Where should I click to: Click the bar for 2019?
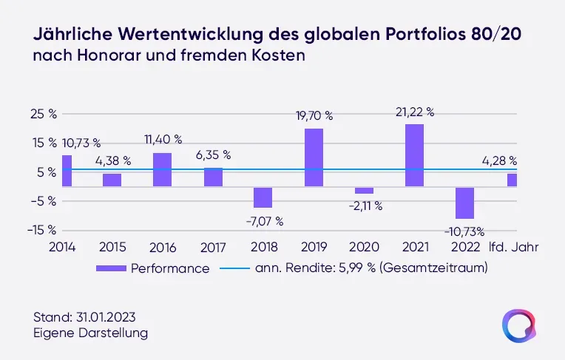point(314,157)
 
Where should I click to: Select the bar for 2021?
point(414,154)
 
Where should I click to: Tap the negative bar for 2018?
point(263,197)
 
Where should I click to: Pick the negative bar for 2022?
point(464,202)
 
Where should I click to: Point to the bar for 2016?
point(162,169)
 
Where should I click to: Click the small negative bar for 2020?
point(364,190)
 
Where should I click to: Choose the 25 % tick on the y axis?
point(44,114)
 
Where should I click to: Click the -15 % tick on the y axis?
point(43,230)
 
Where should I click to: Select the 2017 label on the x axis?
point(214,247)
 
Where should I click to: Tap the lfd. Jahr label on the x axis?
point(513,247)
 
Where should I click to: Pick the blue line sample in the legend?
point(234,268)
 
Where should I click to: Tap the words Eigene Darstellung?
point(90,333)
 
